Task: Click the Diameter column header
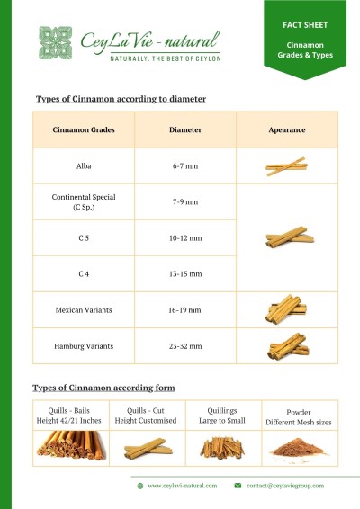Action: [184, 129]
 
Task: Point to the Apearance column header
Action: [287, 129]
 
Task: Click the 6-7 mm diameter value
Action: [184, 167]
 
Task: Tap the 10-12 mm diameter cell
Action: [184, 238]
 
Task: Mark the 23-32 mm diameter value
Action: [184, 344]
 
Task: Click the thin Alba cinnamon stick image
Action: [287, 167]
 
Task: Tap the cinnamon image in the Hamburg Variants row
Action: [287, 344]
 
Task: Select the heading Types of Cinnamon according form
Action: [103, 388]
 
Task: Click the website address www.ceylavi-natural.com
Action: [183, 486]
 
